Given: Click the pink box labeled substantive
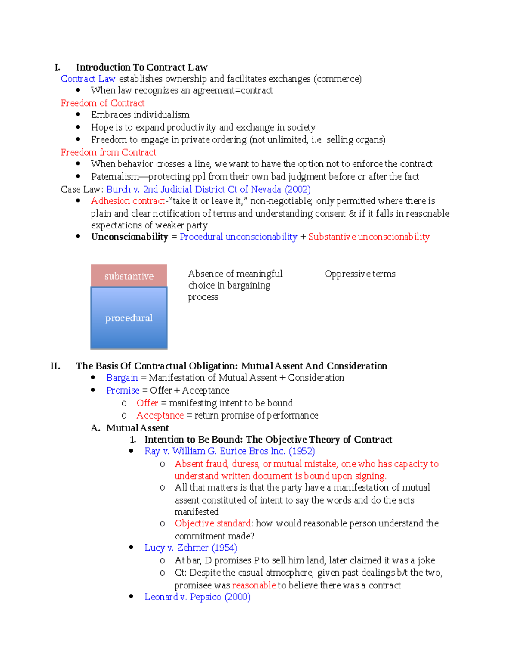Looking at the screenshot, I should tap(129, 276).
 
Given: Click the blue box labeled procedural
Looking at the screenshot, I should tap(129, 318).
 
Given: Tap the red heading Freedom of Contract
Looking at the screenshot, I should tap(102, 103).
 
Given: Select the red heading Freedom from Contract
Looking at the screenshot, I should tap(108, 152).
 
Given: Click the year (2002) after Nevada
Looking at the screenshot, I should tap(298, 189).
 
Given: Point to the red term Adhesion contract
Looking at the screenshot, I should tap(128, 201).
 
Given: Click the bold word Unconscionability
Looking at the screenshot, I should tap(129, 237).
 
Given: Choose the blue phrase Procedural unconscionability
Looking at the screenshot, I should tap(238, 237).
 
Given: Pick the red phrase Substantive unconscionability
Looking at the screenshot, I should tap(369, 237).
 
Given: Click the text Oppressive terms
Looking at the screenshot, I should tap(360, 274).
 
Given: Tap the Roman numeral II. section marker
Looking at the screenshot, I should tap(55, 366).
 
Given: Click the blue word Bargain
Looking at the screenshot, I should tap(122, 378).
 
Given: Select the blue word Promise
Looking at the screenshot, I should tap(123, 391).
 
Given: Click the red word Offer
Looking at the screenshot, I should tap(147, 403).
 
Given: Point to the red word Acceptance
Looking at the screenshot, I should tap(160, 416).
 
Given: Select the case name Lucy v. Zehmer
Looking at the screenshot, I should tap(176, 548).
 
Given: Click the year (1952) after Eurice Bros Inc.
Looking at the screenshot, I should tap(302, 451).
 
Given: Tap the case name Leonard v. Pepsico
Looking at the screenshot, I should tap(183, 597).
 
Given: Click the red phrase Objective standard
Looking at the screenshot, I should tap(212, 523).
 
